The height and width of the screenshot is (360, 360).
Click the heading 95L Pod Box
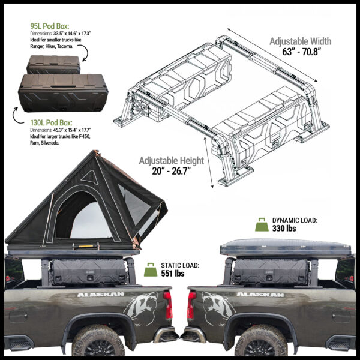50,26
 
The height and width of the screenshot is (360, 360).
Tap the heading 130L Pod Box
51,122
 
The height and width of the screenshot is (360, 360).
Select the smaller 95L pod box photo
53,65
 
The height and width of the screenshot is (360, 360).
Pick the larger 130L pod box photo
63,93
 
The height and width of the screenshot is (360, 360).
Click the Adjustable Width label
301,41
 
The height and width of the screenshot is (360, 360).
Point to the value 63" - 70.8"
301,52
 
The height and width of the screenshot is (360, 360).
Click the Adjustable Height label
172,160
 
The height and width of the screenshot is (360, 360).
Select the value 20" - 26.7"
172,171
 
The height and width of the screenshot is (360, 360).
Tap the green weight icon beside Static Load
151,269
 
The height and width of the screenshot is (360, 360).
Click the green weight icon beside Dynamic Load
262,224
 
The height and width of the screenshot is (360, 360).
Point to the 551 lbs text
173,274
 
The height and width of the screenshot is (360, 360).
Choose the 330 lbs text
284,229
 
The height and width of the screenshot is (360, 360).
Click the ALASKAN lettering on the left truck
101,295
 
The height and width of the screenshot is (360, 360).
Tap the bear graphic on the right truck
218,308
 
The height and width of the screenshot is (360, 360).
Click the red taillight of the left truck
168,305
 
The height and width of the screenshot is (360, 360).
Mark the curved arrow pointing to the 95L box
85,52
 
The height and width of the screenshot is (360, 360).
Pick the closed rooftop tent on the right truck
286,247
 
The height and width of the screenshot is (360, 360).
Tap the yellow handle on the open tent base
86,246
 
